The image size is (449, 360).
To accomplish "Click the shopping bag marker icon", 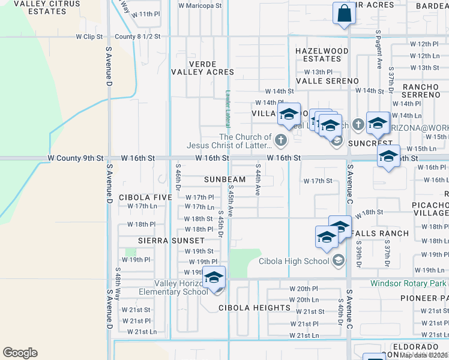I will tap(345, 13).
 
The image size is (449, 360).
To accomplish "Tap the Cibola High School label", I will tap(294, 260).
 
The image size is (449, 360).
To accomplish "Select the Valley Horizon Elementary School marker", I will tap(214, 278).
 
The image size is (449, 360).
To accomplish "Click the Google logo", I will tap(20, 353).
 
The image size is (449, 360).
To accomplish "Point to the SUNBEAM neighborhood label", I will tap(224, 179).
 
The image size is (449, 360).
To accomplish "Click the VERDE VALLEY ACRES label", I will tap(202, 68).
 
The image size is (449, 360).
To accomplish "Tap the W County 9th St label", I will tap(76, 158).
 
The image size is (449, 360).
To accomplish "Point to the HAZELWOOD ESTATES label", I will tap(322, 55).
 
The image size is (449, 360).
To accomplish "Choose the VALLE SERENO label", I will tap(327, 81).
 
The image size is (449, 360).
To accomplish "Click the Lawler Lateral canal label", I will tap(228, 108).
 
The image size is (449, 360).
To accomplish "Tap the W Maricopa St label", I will tap(200, 5).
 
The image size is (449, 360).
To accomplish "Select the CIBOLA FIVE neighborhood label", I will tap(145, 197).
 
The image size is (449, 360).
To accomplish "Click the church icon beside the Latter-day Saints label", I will tap(280, 140).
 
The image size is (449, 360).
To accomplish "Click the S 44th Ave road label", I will tap(258, 180).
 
